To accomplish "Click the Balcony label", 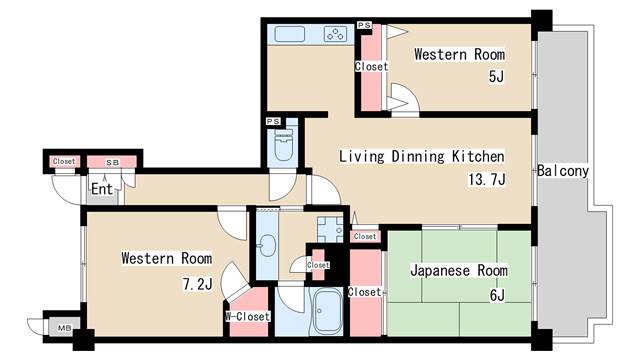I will pos(562,171).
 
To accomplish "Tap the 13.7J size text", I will pos(487,180).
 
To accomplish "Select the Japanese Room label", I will pos(459,271).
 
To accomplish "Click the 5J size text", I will pos(495,77).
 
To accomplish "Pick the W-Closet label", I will pos(246,317).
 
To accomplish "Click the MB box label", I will pos(64,327).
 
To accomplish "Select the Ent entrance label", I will pos(101,188).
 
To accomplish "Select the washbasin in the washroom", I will pos(268,246).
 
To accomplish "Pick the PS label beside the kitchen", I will pos(365,23).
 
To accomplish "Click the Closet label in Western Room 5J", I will pos(370,67).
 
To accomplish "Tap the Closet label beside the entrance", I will pos(63,161).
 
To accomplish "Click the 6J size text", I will pos(496,294).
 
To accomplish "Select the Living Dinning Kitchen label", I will pos(420,157).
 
